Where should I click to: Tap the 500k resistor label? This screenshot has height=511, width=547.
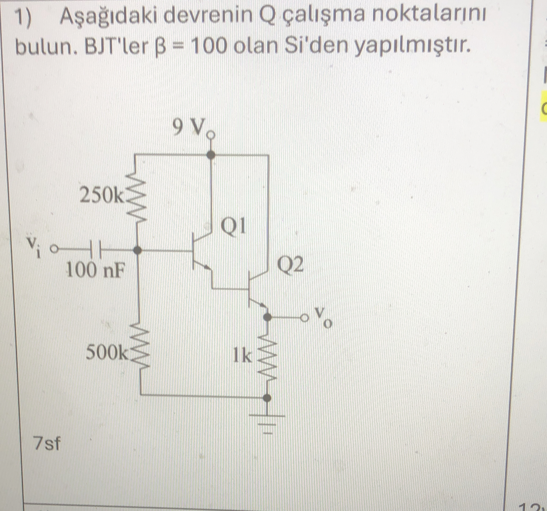[107, 353]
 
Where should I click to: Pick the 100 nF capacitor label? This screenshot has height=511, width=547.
[94, 270]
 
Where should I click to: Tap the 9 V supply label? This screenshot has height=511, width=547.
[190, 128]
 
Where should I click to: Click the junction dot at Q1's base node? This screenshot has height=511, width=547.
[138, 250]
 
